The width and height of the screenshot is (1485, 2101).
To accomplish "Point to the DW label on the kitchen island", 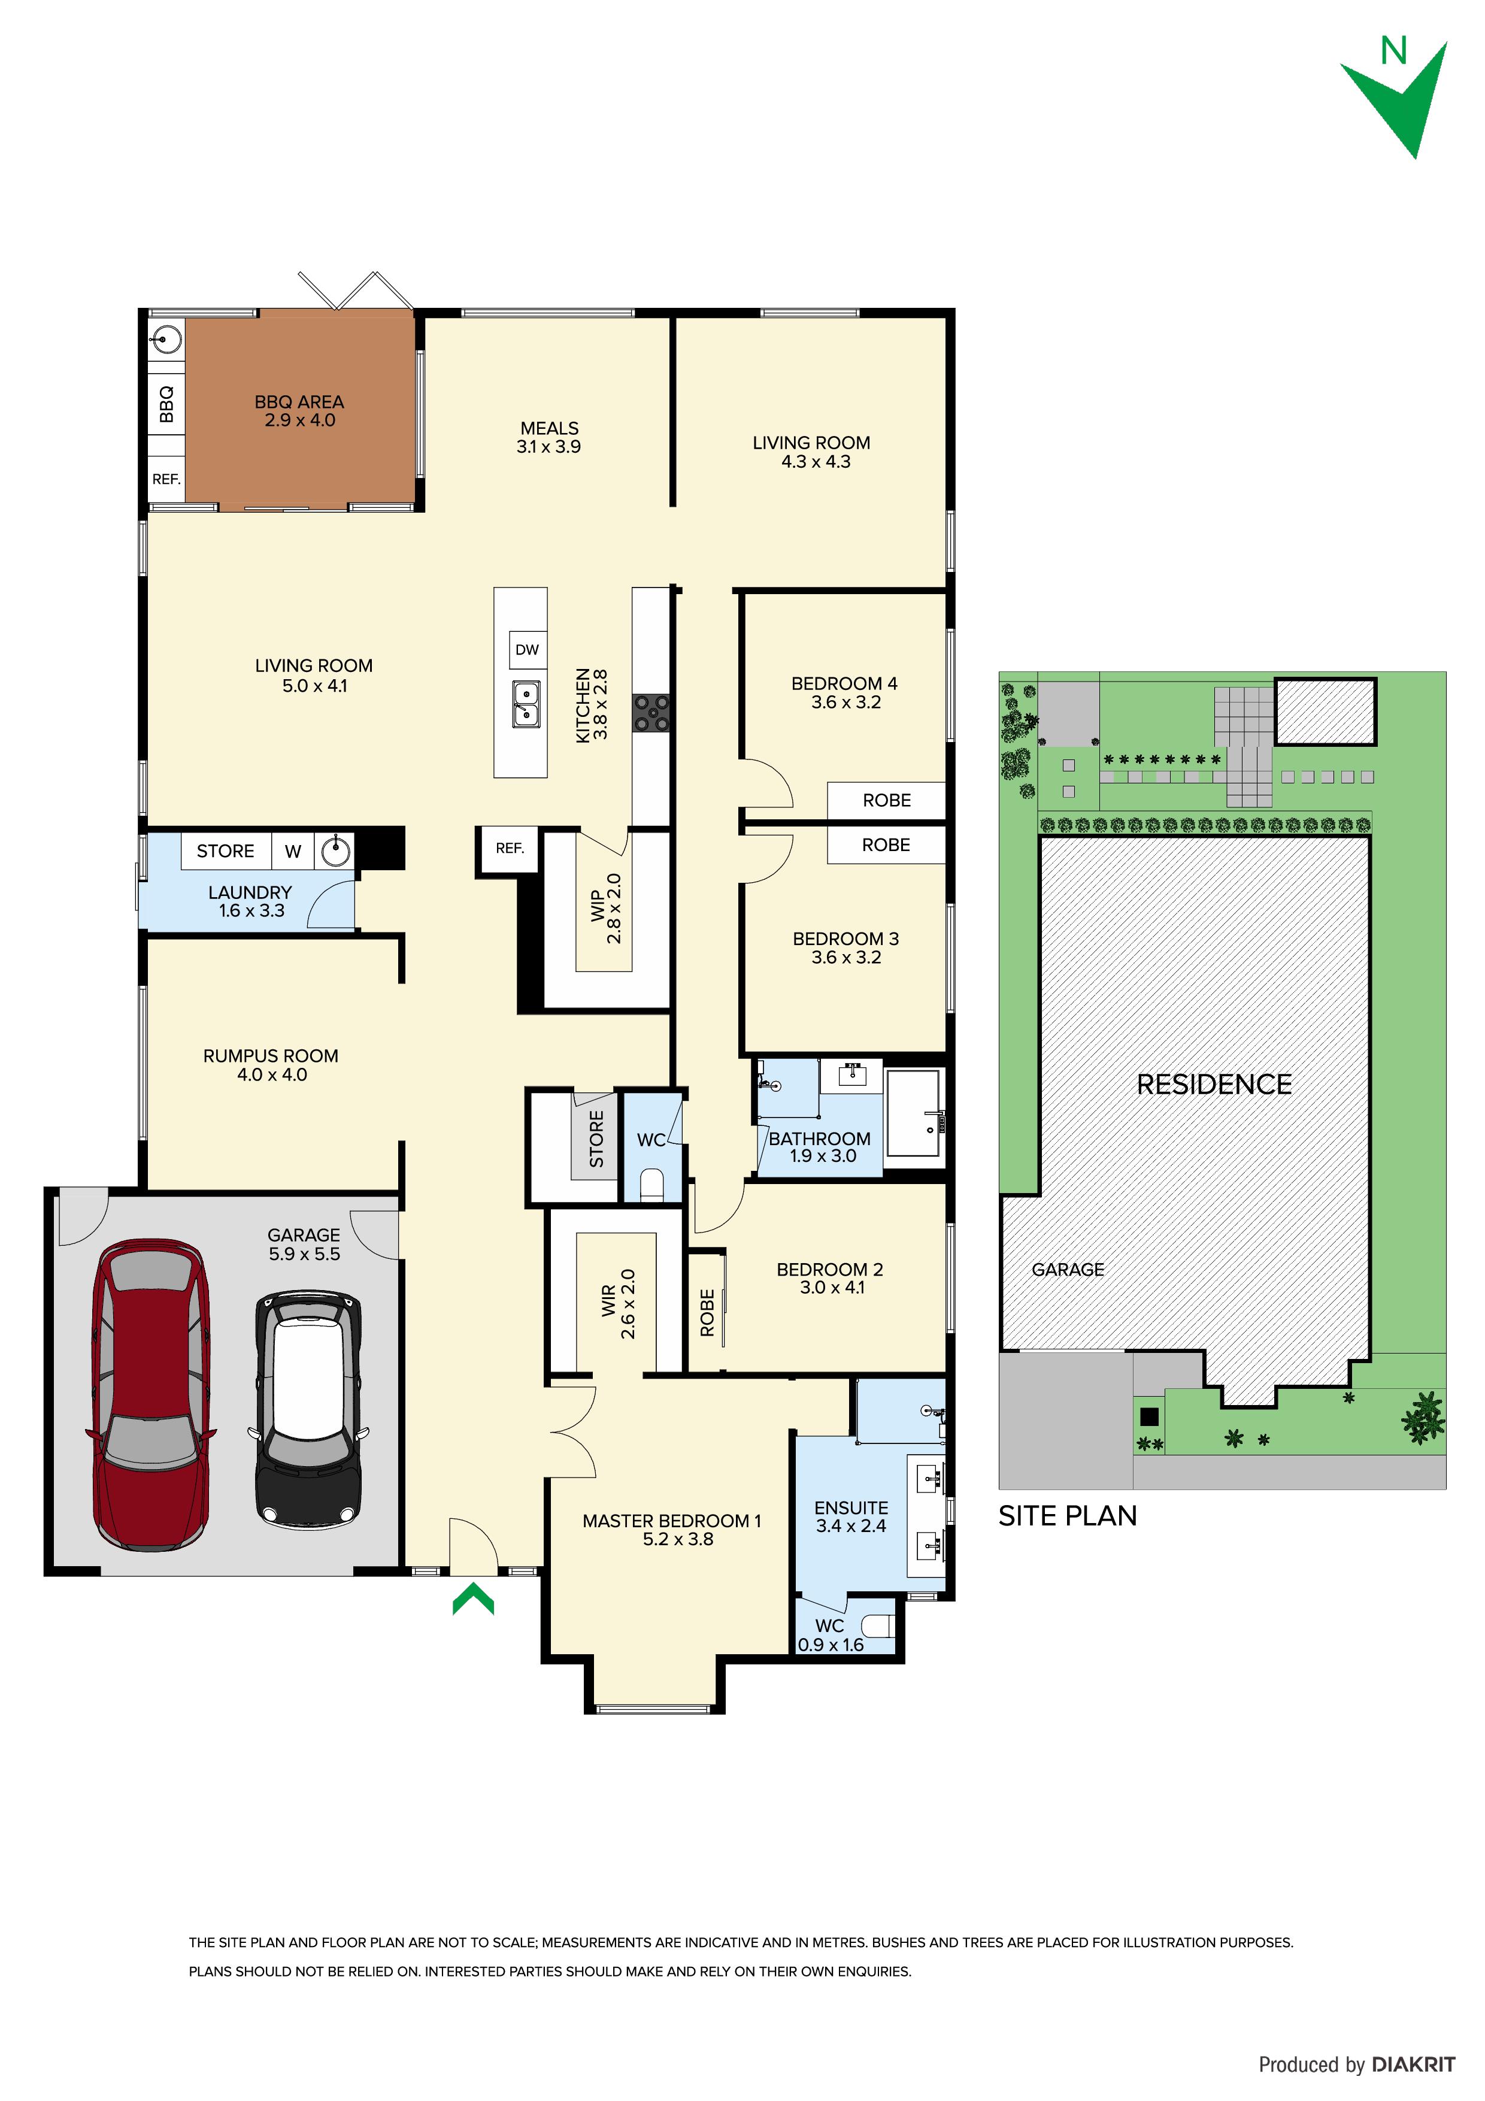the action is pyautogui.click(x=527, y=650).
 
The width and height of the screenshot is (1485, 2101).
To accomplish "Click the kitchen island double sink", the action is pyautogui.click(x=525, y=704).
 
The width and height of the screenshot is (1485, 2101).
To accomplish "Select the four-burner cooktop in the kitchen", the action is pyautogui.click(x=651, y=713).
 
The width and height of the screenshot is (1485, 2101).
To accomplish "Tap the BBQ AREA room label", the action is pyautogui.click(x=299, y=411).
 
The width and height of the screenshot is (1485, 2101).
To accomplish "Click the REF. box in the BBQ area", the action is pyautogui.click(x=166, y=479).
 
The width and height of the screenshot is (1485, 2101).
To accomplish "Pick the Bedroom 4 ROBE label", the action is pyautogui.click(x=887, y=801).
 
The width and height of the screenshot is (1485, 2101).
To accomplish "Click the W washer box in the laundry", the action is pyautogui.click(x=293, y=851).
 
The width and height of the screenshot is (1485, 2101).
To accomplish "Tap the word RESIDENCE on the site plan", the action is pyautogui.click(x=1214, y=1085).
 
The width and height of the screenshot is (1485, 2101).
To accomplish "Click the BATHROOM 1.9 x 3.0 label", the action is pyautogui.click(x=820, y=1146).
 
